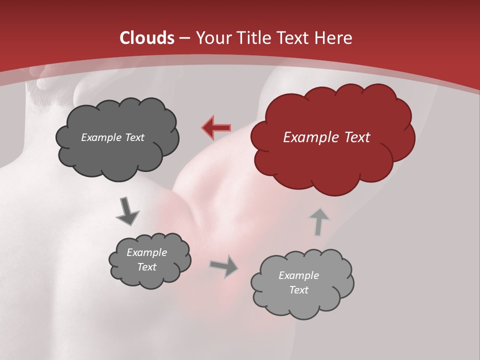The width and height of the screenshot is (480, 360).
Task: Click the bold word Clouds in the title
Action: (x=146, y=38)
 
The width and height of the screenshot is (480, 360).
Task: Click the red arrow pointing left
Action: (x=216, y=128)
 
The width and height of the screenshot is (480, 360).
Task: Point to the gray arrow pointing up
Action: (x=319, y=221)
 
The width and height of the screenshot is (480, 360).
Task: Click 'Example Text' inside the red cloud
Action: (x=326, y=137)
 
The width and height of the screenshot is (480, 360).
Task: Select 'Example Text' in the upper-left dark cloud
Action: (x=112, y=137)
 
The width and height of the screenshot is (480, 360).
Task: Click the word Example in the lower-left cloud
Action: (x=146, y=252)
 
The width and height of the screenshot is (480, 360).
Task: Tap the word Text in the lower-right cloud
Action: (x=298, y=290)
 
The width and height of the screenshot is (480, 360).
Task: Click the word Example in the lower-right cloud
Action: (x=298, y=275)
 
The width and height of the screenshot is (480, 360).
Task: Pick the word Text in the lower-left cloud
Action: (x=146, y=267)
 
